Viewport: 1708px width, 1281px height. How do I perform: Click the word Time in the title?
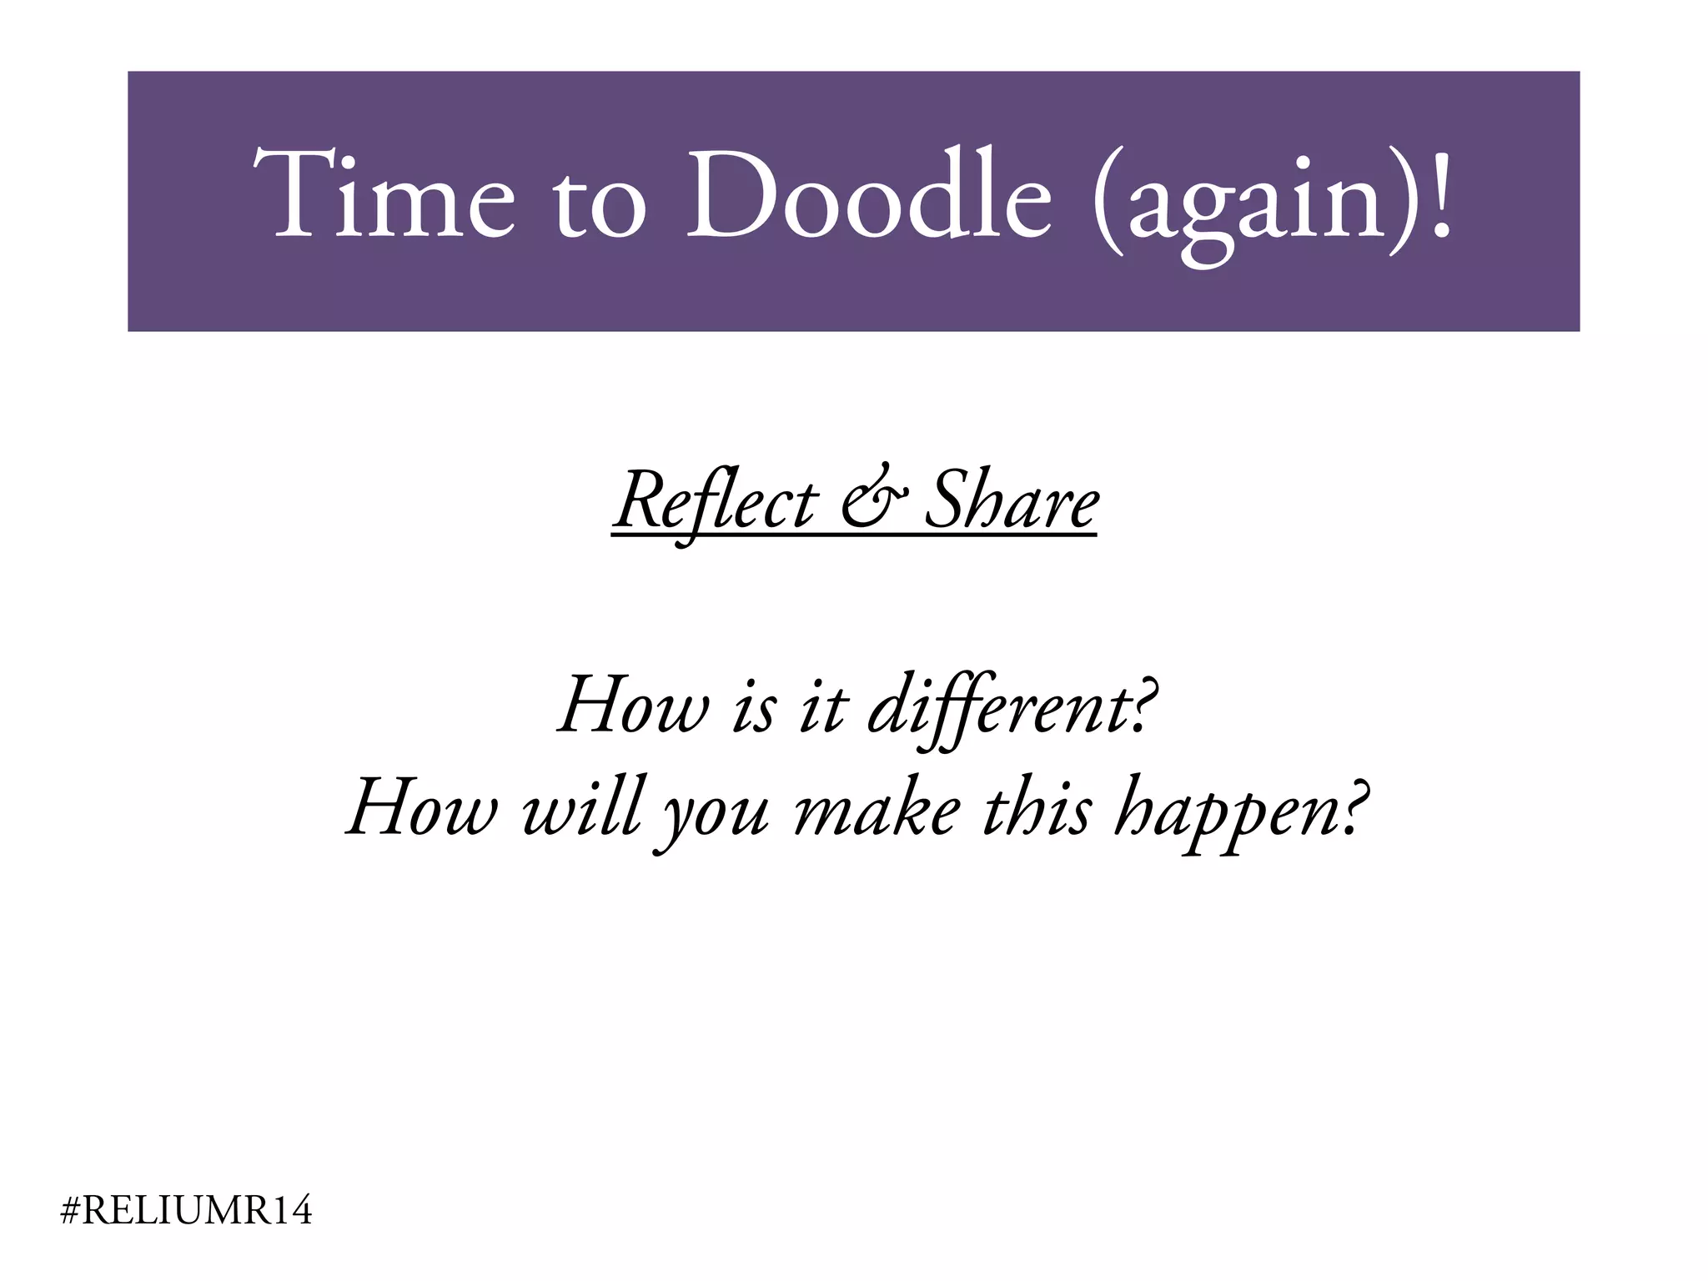coord(384,196)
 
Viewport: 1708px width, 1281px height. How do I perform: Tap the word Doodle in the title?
coord(868,196)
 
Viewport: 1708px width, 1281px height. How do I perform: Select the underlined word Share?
coord(1012,501)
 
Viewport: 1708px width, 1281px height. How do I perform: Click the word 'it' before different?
coord(822,709)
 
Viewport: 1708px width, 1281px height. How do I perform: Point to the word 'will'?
coord(582,807)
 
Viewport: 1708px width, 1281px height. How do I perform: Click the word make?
coord(877,807)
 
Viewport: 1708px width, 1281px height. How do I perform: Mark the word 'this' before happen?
coord(1036,807)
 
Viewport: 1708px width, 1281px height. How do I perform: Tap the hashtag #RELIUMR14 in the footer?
coord(187,1210)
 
